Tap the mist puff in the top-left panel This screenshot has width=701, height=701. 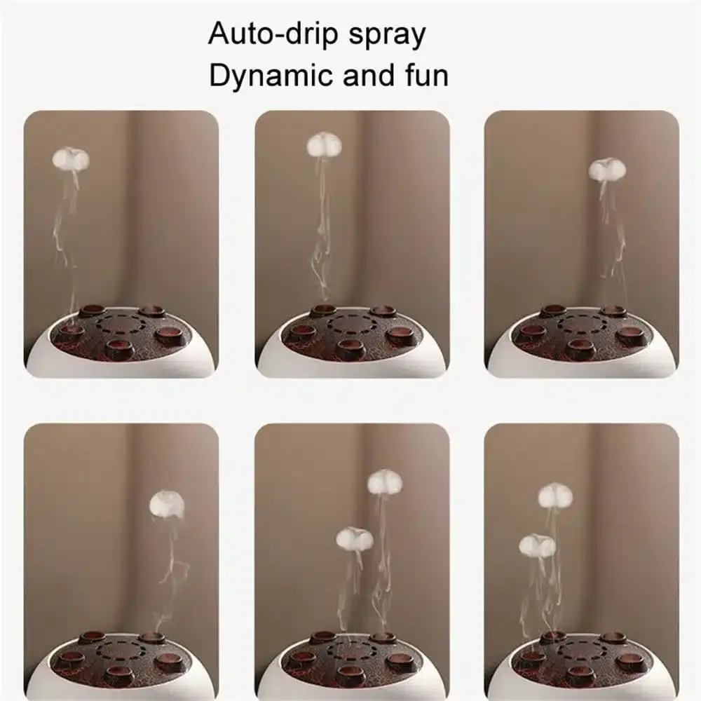coord(71,159)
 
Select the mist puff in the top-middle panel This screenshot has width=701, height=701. coord(324,144)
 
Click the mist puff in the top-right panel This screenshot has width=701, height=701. coord(606,169)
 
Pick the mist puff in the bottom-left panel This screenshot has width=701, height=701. coord(167,503)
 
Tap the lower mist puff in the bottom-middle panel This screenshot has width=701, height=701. coord(354,538)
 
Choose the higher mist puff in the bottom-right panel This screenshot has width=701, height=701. coord(555,495)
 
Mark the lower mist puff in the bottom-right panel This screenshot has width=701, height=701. coord(537,545)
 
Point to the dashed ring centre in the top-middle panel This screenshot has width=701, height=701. coord(350,324)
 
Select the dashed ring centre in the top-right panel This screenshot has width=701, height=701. coord(581,324)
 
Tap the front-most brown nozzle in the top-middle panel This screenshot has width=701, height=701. coord(349,346)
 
